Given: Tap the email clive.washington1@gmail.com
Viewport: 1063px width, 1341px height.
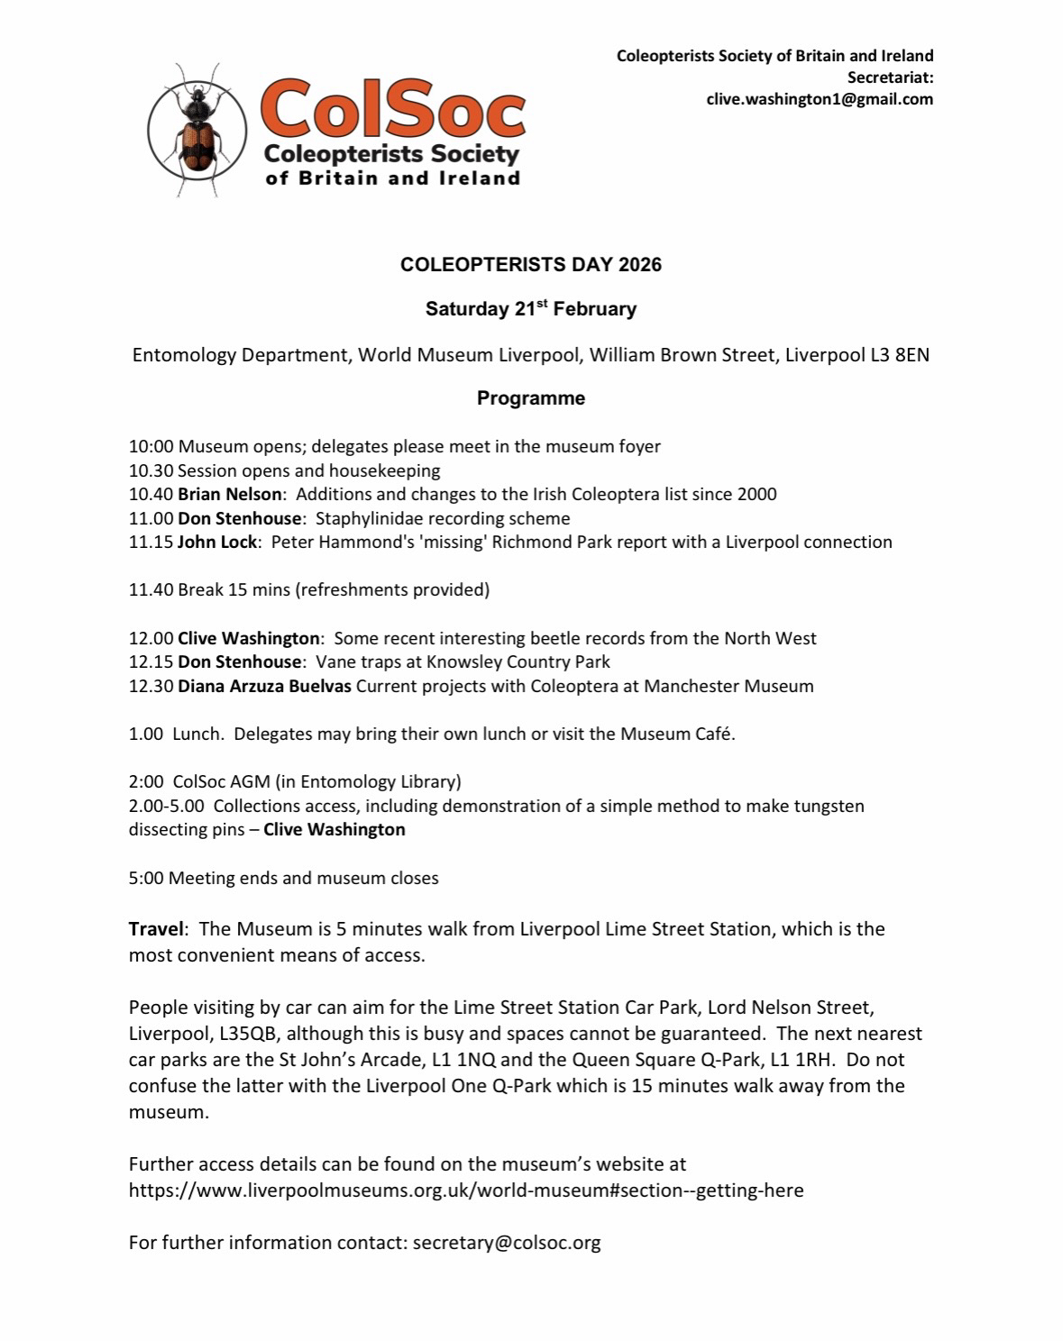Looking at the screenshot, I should click(x=820, y=99).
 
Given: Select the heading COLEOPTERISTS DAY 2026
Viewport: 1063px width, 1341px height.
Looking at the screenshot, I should click(x=531, y=265).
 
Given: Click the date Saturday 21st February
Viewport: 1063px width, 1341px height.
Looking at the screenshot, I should click(x=531, y=309).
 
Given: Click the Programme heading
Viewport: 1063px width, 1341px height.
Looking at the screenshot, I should click(x=531, y=398).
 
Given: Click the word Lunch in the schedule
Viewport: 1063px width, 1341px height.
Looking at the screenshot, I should click(x=197, y=734).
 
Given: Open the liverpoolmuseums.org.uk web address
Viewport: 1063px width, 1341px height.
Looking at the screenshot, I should click(x=465, y=1190).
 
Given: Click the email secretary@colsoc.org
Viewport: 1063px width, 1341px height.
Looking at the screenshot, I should click(x=506, y=1243).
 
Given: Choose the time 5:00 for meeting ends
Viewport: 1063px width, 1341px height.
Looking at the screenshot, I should click(x=146, y=878).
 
